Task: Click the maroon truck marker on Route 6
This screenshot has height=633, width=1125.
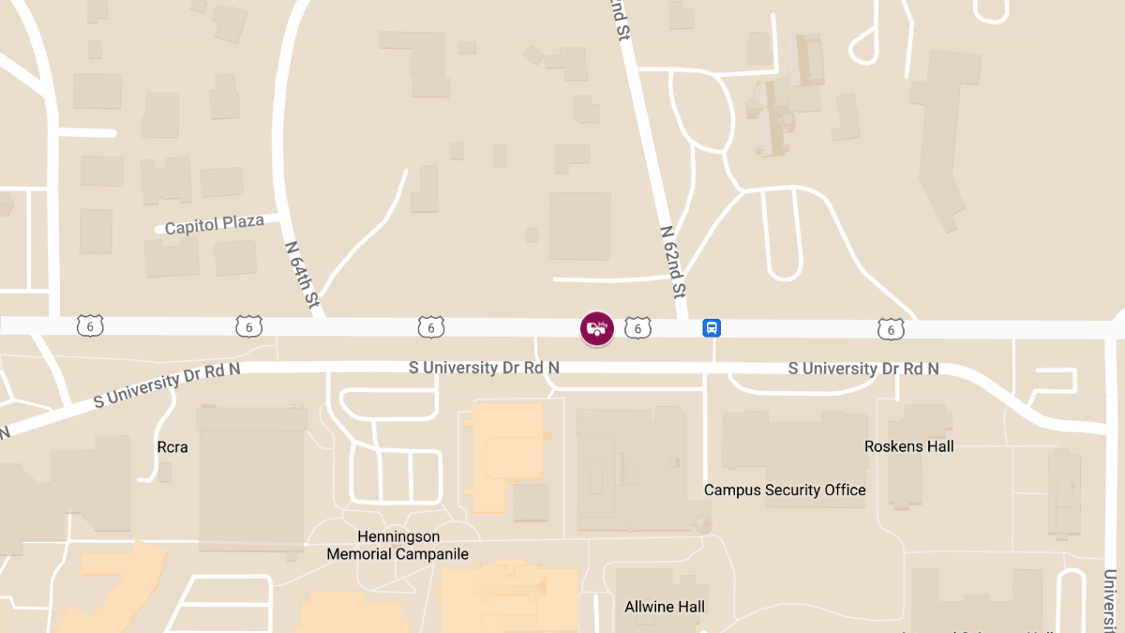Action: [x=597, y=328]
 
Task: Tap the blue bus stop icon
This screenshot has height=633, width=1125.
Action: [x=712, y=328]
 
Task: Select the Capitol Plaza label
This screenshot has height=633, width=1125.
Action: [x=215, y=225]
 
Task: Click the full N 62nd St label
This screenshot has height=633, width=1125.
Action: [x=673, y=261]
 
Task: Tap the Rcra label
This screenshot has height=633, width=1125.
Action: [x=172, y=447]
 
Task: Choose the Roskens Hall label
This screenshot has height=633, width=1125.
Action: [x=908, y=446]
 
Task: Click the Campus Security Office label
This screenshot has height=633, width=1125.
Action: [x=785, y=490]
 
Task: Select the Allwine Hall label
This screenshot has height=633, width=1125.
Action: [x=665, y=607]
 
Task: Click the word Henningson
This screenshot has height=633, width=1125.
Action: [x=397, y=536]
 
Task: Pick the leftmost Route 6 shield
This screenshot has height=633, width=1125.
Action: [x=90, y=326]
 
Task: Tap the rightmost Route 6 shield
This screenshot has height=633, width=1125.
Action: [x=891, y=328]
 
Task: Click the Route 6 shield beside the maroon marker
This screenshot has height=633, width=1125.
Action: [x=637, y=327]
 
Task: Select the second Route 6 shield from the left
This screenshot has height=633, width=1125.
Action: [x=248, y=326]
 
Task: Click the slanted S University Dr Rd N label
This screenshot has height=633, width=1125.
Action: [x=166, y=384]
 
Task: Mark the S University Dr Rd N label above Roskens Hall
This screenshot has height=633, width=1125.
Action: [x=862, y=369]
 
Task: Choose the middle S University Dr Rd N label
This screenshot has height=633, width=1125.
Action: [x=484, y=367]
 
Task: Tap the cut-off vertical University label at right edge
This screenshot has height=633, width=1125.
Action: [x=1112, y=600]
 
